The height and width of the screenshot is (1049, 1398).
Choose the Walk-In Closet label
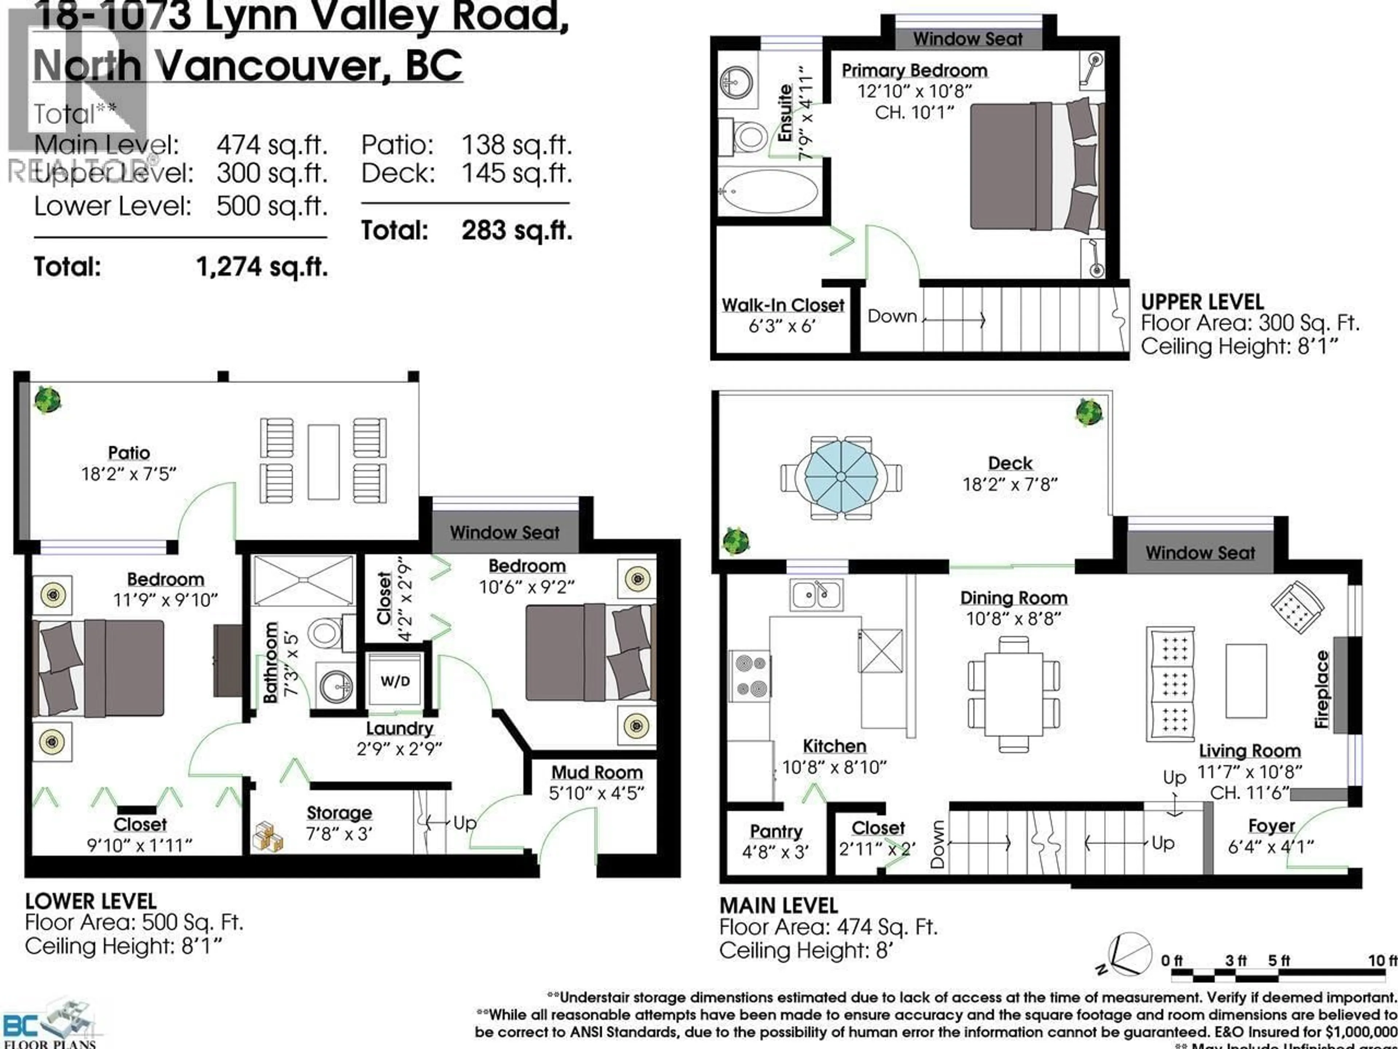tap(783, 305)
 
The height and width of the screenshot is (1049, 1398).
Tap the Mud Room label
tap(597, 773)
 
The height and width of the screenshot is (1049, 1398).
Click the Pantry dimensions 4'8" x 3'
tap(775, 852)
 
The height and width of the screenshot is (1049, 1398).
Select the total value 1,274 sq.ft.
tap(262, 267)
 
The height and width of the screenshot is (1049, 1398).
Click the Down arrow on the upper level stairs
tap(954, 321)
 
